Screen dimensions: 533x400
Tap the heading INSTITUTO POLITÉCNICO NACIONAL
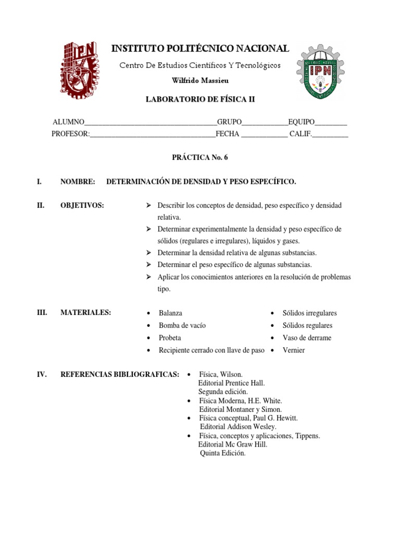click(200, 49)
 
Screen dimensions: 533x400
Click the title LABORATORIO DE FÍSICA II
click(200, 99)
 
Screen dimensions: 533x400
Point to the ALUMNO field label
click(68, 122)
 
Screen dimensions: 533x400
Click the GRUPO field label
click(229, 122)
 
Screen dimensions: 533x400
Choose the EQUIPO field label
click(301, 122)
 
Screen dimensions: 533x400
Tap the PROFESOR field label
click(70, 134)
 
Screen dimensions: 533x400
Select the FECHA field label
click(227, 134)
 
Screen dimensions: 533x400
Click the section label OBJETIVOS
click(82, 206)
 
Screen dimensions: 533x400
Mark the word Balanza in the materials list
click(170, 313)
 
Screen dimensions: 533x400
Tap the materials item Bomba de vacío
click(182, 325)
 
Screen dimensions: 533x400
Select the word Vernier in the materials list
click(294, 350)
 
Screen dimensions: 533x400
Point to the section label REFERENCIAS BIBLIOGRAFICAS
click(120, 374)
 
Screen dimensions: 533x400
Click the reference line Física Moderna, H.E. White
click(240, 401)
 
